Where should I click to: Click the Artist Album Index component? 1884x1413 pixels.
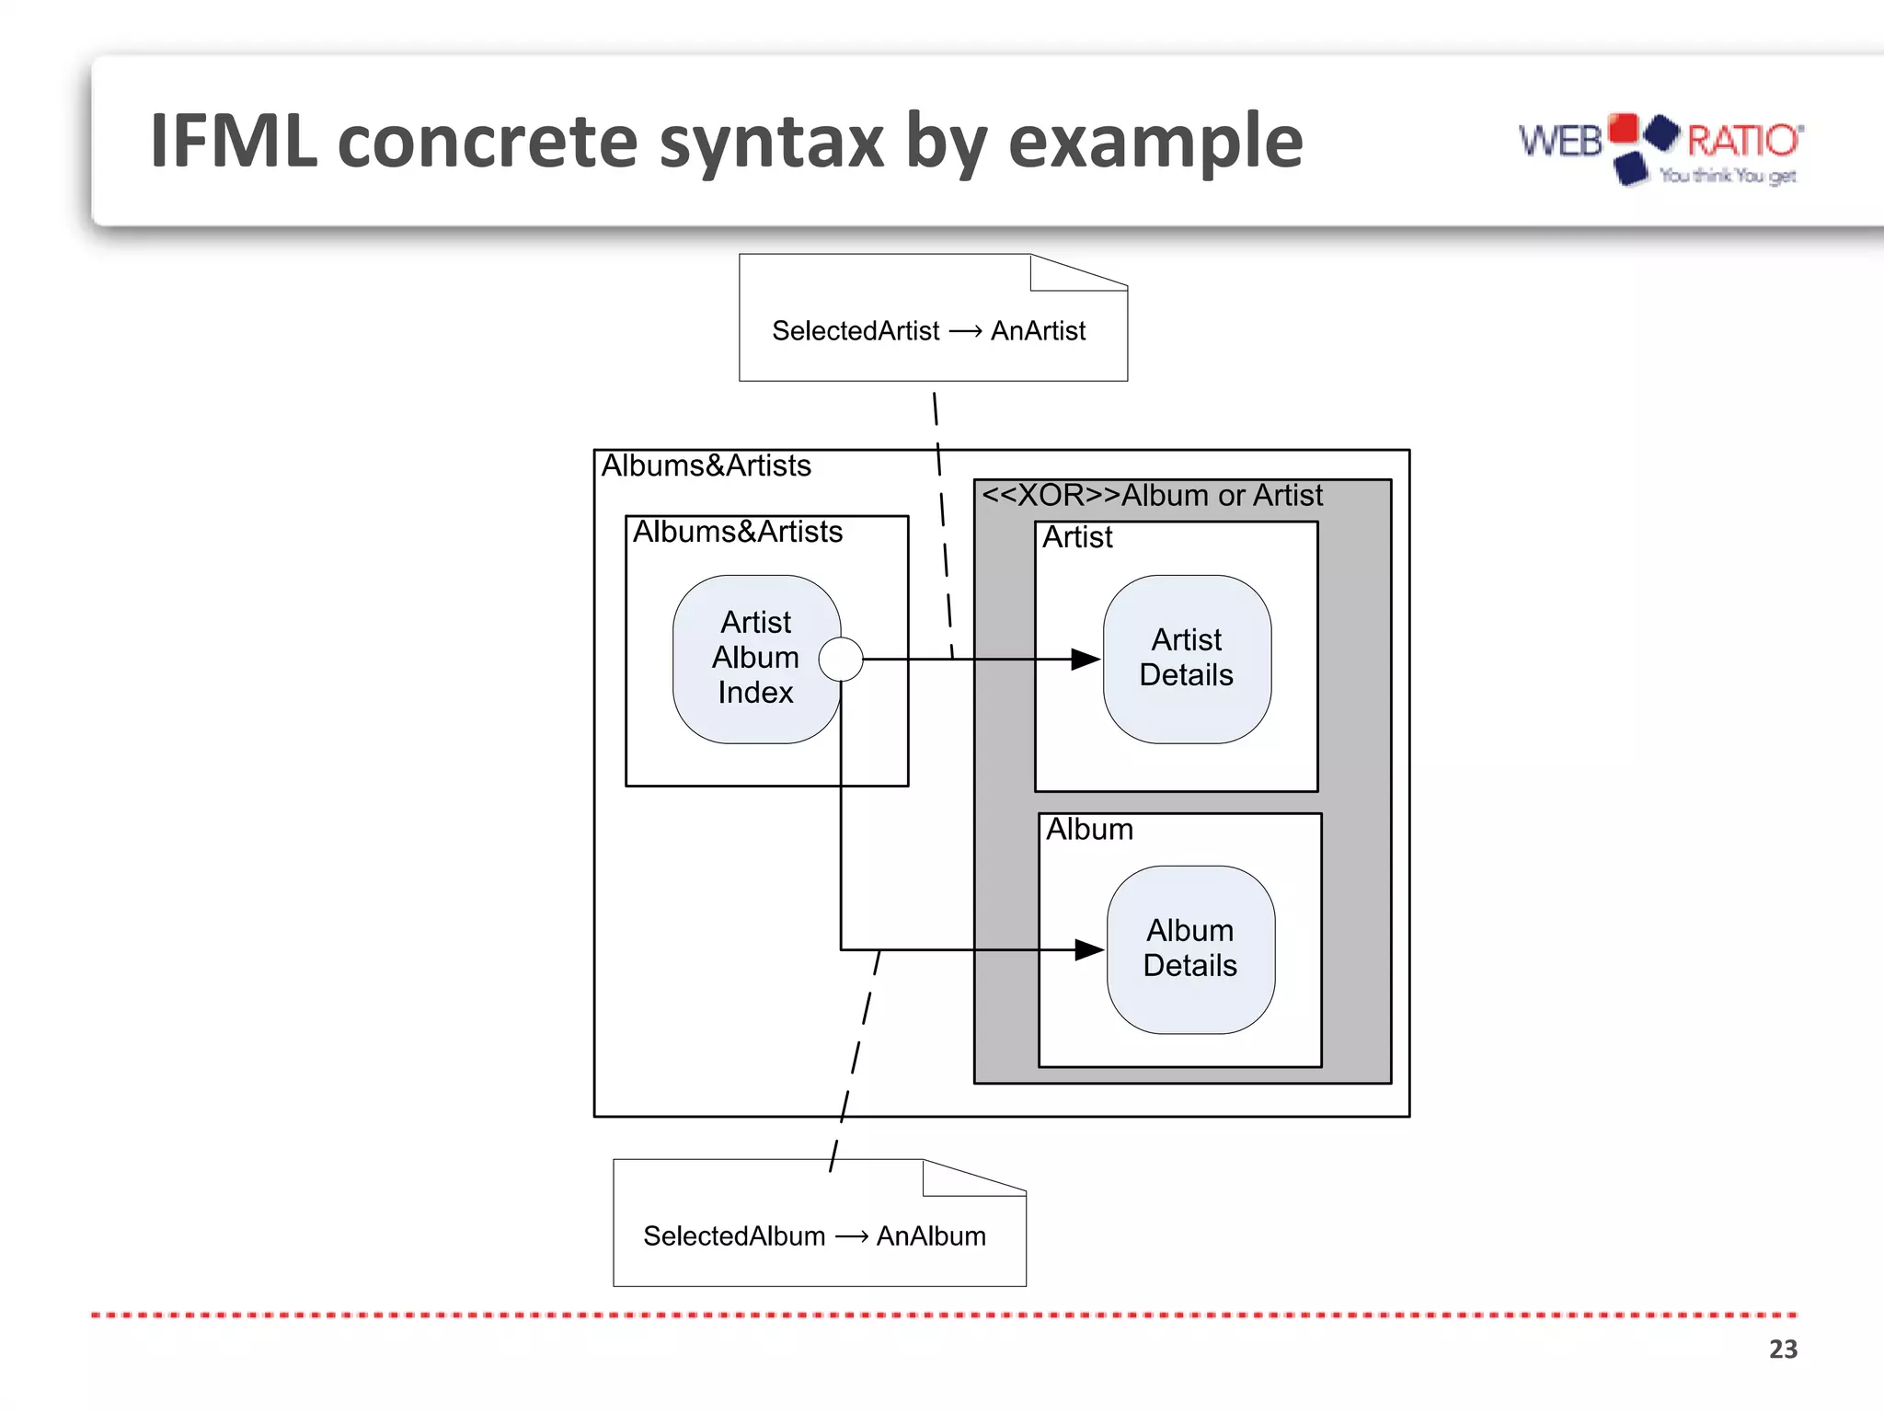point(754,659)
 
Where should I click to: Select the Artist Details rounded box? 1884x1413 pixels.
point(1187,659)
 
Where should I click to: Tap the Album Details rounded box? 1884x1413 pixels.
point(1190,949)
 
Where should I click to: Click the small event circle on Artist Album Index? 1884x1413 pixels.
point(841,659)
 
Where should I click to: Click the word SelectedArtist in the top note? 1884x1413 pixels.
point(856,330)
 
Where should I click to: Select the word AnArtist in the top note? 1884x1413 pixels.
point(1038,330)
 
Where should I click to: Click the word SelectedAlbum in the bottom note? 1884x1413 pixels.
point(734,1235)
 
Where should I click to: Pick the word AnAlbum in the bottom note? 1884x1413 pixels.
point(931,1235)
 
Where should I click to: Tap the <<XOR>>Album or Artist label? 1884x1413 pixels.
point(1152,496)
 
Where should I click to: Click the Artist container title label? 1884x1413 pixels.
point(1077,537)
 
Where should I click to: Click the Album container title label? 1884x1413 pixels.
point(1089,830)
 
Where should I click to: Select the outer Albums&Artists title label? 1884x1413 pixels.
point(706,465)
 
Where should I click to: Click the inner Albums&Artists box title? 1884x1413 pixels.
point(738,532)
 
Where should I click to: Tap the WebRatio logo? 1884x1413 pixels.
point(1660,147)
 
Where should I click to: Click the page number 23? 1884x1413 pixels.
point(1782,1349)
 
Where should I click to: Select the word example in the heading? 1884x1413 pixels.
point(1155,143)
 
